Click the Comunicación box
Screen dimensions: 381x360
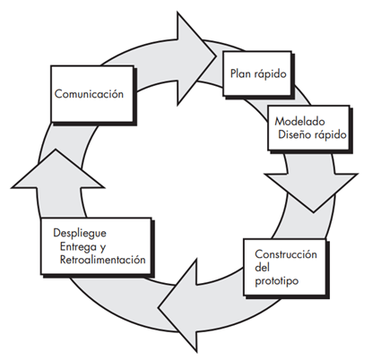(x=92, y=94)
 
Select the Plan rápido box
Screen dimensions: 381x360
(x=257, y=73)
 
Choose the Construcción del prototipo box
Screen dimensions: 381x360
(x=285, y=267)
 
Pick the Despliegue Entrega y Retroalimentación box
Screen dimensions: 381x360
(x=96, y=246)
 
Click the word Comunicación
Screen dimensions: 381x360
(x=89, y=94)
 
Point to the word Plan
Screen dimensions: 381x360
(x=240, y=73)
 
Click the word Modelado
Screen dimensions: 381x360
(x=299, y=121)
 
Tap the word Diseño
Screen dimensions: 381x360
(x=295, y=134)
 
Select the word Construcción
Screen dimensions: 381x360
(x=286, y=254)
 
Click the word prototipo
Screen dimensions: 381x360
(x=276, y=281)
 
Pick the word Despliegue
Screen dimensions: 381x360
(x=80, y=233)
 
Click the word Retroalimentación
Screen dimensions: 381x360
(x=102, y=260)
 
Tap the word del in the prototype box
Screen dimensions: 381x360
(x=262, y=267)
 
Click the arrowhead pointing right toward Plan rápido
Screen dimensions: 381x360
(x=196, y=57)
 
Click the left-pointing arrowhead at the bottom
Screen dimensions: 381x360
(x=178, y=307)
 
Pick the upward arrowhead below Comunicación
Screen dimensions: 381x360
(x=56, y=169)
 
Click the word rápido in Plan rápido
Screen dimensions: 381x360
(x=270, y=73)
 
